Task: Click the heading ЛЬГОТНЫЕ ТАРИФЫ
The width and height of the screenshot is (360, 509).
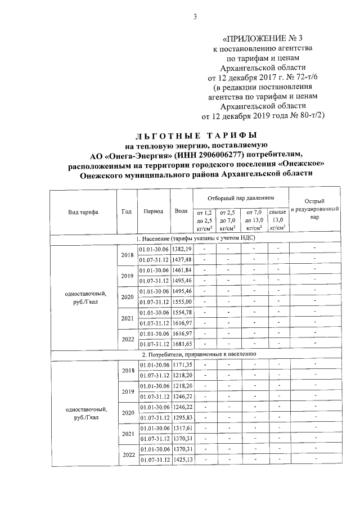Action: pyautogui.click(x=196, y=136)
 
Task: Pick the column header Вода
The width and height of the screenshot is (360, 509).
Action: pyautogui.click(x=181, y=211)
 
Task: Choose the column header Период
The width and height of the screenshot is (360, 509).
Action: pyautogui.click(x=153, y=211)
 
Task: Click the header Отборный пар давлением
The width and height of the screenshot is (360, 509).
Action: pyautogui.click(x=240, y=199)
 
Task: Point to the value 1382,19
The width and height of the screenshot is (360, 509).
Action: pyautogui.click(x=182, y=249)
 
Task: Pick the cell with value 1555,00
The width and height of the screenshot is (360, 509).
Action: pyautogui.click(x=182, y=301)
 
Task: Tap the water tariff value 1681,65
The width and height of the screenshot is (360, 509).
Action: pyautogui.click(x=182, y=344)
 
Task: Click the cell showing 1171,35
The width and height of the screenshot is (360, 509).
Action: pyautogui.click(x=182, y=365)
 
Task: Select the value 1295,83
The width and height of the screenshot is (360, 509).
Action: pyautogui.click(x=182, y=417)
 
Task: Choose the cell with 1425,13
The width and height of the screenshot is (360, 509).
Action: pyautogui.click(x=182, y=460)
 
